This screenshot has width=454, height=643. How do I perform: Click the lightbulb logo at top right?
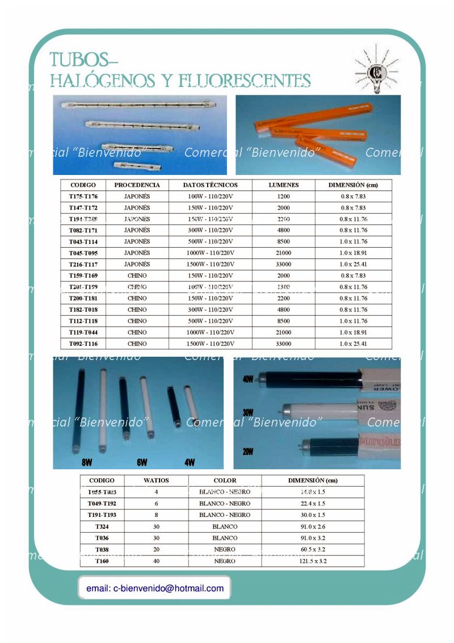376,69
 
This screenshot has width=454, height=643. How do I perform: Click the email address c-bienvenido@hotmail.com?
155,588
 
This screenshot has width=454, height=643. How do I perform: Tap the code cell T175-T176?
83,197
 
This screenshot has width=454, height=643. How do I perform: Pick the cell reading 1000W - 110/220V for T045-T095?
210,253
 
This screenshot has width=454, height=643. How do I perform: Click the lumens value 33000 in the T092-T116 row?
283,344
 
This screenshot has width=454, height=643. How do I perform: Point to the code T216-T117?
83,264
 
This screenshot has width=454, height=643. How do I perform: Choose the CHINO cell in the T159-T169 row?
137,275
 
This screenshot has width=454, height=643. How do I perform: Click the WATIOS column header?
156,481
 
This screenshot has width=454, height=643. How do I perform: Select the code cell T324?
102,527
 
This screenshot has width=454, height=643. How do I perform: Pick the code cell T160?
102,561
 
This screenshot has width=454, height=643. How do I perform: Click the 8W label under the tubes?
87,463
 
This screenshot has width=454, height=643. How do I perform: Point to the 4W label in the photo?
190,463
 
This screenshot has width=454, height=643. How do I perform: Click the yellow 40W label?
248,379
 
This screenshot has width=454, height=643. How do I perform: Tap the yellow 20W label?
248,452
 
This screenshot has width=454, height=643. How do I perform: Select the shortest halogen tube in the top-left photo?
137,166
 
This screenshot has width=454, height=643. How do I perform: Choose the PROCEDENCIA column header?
137,185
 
